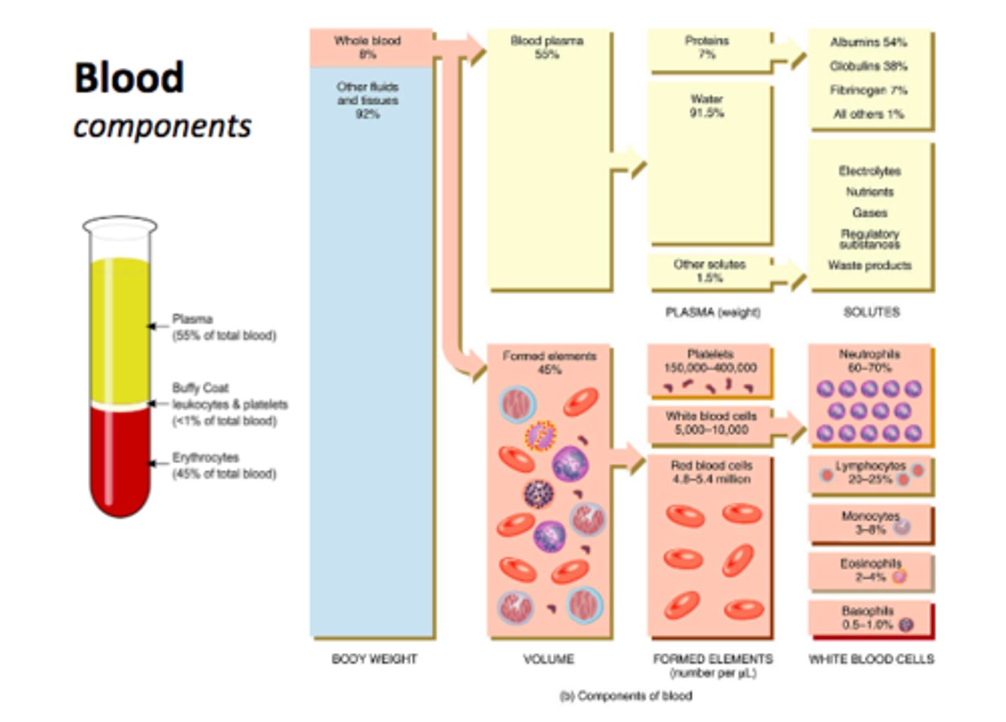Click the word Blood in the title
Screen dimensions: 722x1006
tap(129, 78)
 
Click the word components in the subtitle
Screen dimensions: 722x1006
tap(162, 127)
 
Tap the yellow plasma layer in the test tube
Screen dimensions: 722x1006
tap(120, 328)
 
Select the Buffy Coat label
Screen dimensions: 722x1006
tap(201, 388)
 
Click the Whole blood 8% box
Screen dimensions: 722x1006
tap(369, 48)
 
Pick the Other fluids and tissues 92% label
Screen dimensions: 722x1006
tap(367, 100)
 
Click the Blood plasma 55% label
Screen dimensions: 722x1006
tap(547, 48)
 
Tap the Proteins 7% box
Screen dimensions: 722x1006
tap(708, 48)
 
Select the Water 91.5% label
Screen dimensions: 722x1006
tap(707, 106)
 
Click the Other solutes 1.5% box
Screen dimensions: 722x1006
tap(709, 271)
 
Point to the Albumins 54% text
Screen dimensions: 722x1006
tap(868, 43)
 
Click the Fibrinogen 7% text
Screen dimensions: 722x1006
tap(868, 90)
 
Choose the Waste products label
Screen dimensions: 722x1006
tap(870, 266)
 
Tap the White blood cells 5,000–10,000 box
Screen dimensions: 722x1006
tap(710, 424)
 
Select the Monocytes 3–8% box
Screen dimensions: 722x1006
tap(870, 523)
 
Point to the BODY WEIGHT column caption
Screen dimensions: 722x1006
tap(374, 659)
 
